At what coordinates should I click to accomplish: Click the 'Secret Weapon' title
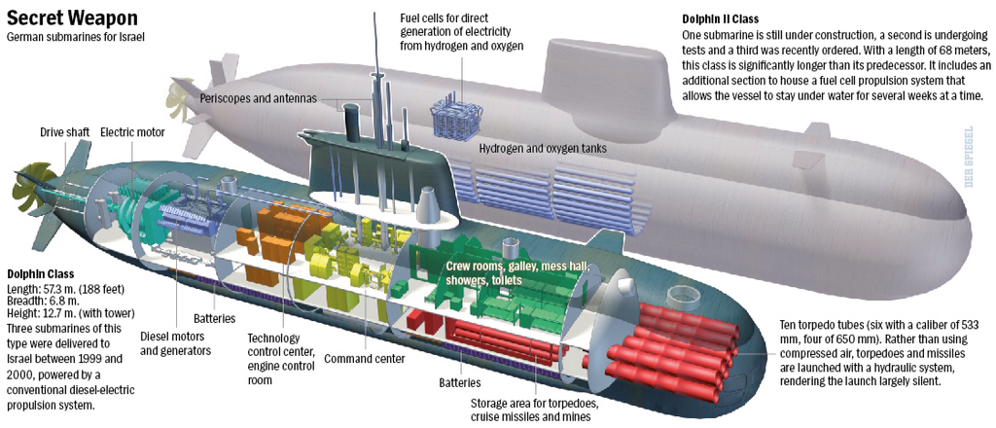[x=72, y=18]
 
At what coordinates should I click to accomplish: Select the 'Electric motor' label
[x=132, y=131]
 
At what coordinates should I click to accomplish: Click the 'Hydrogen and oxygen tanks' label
[x=543, y=149]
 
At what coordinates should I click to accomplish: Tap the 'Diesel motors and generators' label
[x=177, y=343]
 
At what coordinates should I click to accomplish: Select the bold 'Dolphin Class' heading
[x=40, y=274]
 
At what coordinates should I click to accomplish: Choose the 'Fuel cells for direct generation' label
[x=461, y=31]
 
